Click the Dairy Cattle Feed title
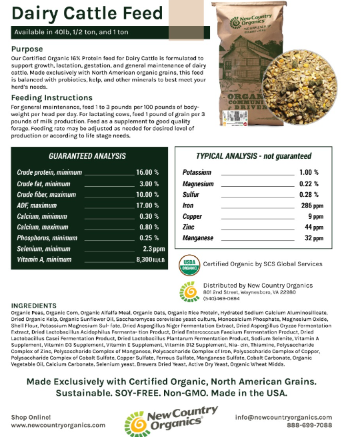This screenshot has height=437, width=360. point(87,13)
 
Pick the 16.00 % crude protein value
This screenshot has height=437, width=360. point(147,172)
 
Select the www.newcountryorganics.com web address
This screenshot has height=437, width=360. point(58,424)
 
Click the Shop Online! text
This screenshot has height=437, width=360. point(32,416)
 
